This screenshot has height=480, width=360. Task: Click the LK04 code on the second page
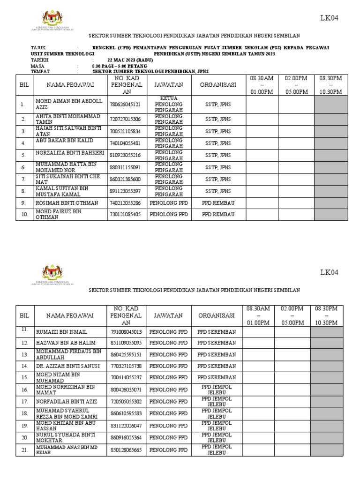point(329,272)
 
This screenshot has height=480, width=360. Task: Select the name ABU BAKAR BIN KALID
point(65,141)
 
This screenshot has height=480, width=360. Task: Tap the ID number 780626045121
point(125,105)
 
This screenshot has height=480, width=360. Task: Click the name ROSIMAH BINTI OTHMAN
point(67,203)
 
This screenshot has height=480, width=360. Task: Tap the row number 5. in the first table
point(22,155)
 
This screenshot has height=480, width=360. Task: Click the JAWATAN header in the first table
point(169,84)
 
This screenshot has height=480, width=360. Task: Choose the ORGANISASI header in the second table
point(217,315)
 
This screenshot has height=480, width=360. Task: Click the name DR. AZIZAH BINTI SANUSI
point(68,366)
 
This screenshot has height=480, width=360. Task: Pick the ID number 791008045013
point(126,332)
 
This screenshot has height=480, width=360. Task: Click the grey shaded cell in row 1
point(331,105)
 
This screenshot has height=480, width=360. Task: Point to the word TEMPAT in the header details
point(40,72)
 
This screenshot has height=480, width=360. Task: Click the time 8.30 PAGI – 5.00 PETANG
point(120,66)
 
